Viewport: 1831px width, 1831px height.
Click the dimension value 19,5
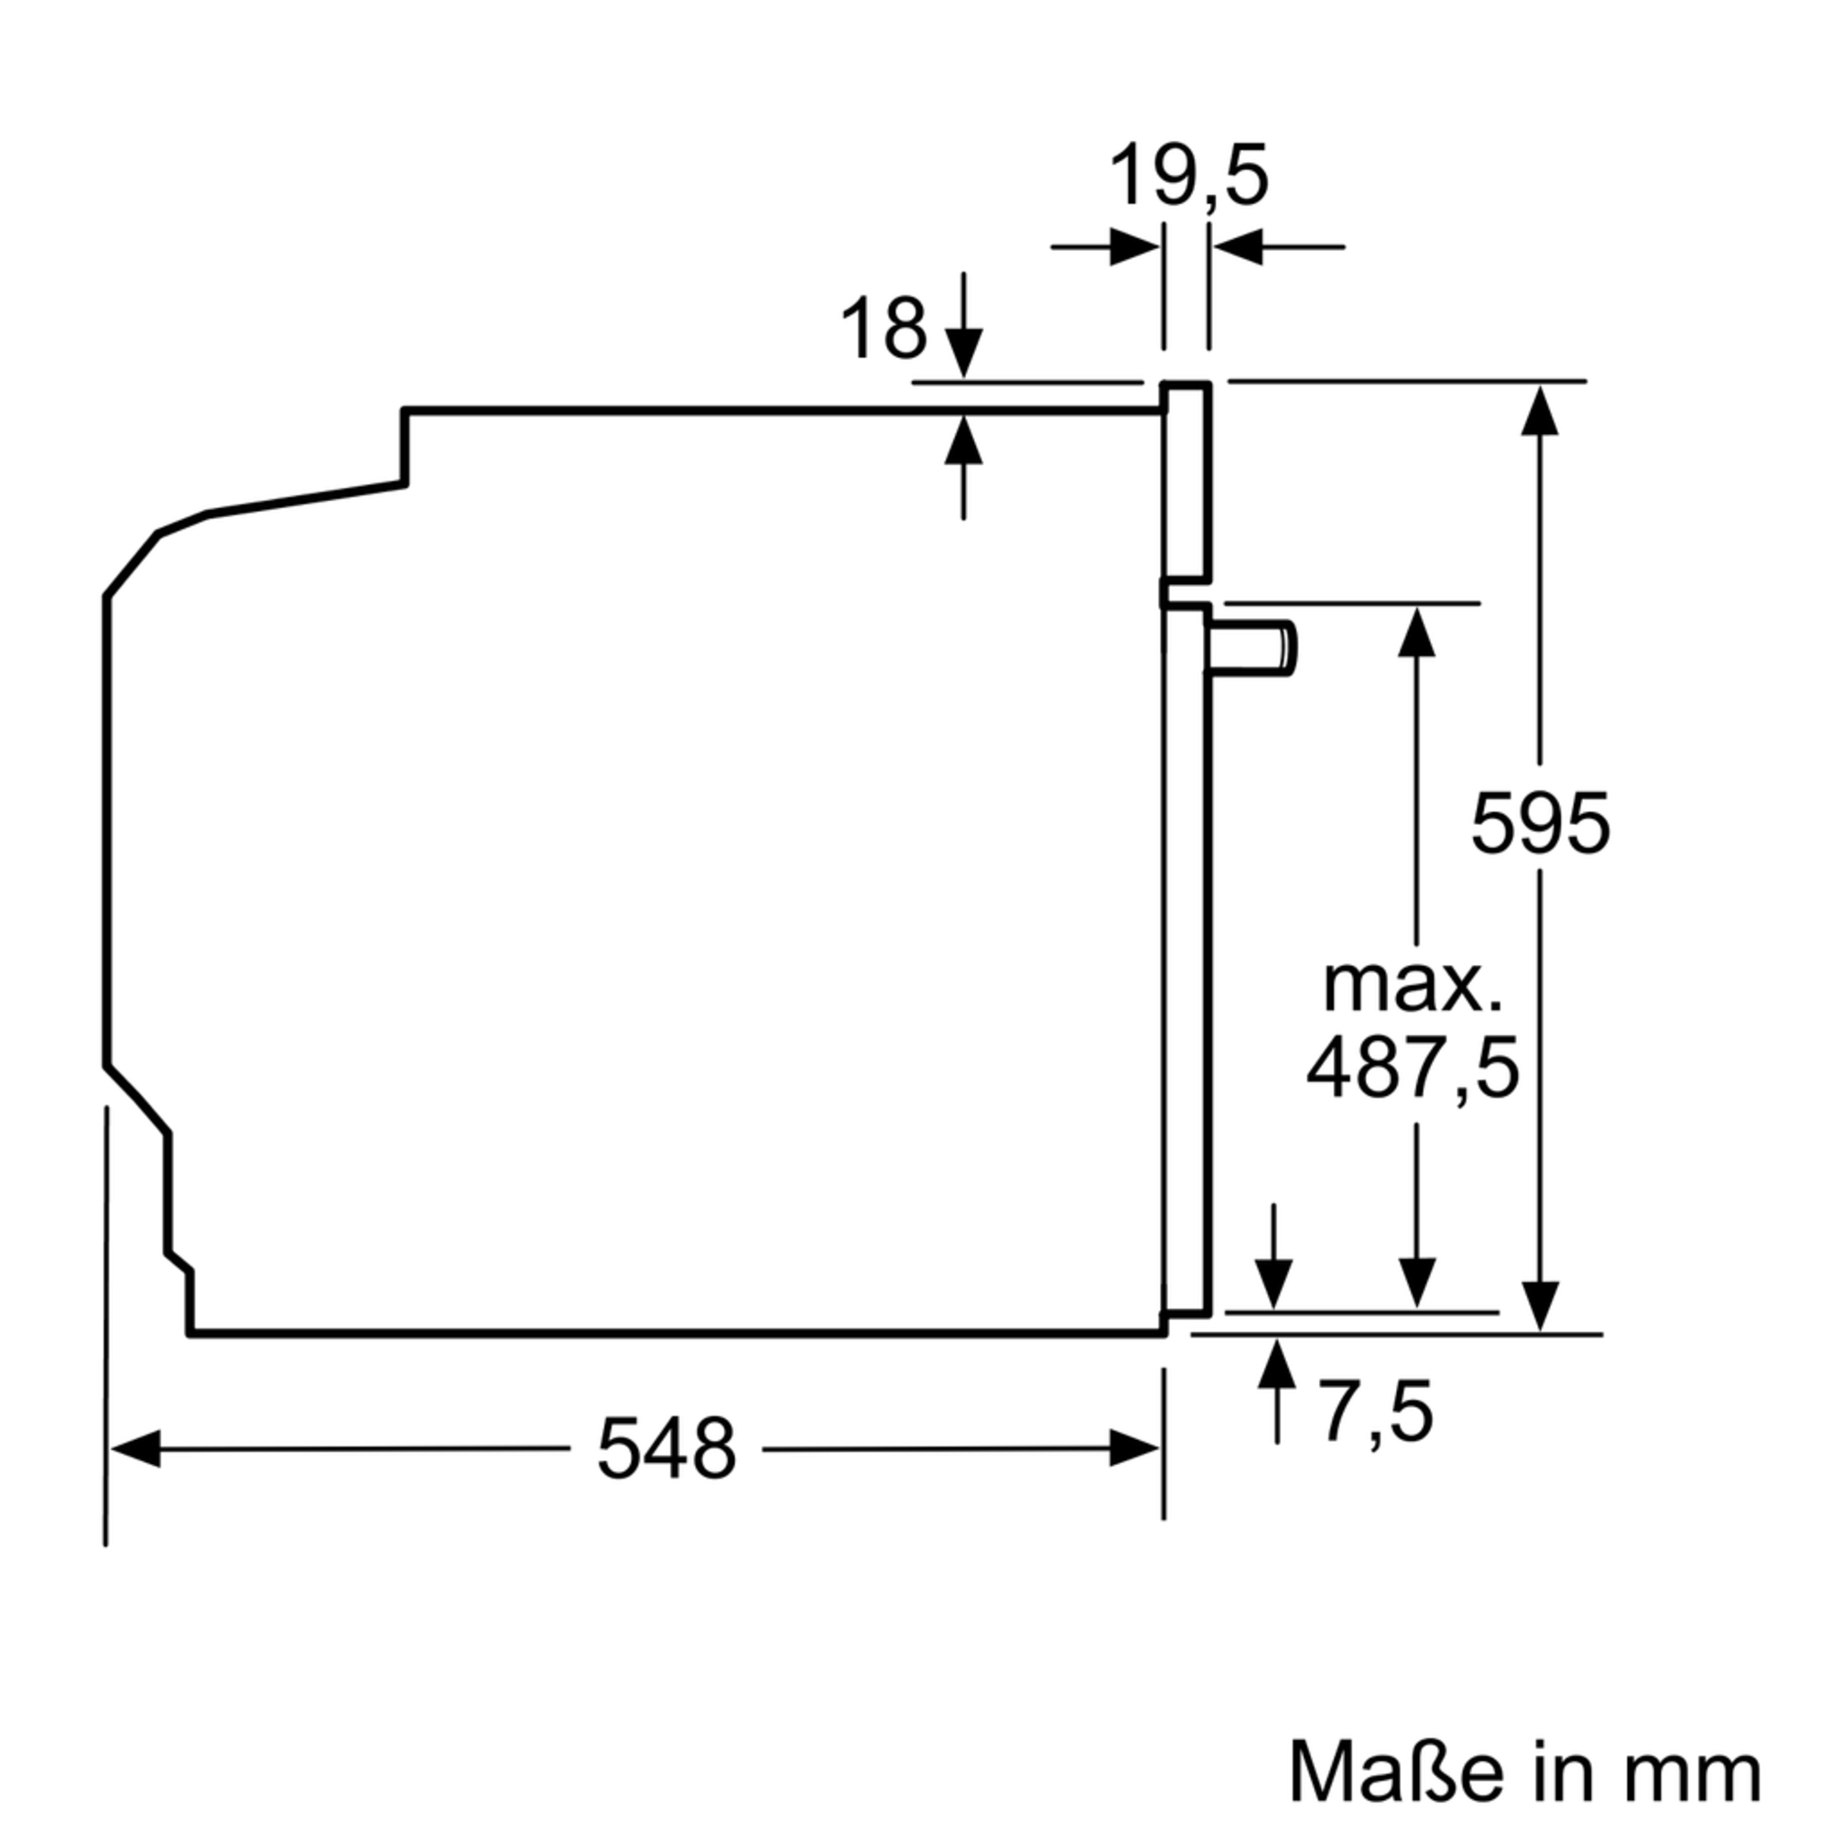pos(1187,178)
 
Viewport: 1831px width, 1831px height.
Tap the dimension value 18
pos(883,328)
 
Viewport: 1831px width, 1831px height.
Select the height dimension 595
pos(1539,823)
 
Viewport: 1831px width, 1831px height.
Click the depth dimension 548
pos(666,1448)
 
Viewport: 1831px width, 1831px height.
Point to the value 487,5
pos(1412,1068)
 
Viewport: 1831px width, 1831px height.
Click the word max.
pos(1412,987)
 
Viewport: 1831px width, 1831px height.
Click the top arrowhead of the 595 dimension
pos(1539,411)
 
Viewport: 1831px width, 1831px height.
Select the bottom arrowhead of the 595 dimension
pos(1539,1305)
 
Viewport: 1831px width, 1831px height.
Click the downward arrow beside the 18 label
pos(964,351)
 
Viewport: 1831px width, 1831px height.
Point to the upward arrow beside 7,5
pos(1276,1365)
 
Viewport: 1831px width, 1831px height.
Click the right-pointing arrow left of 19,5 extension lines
pos(1133,247)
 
